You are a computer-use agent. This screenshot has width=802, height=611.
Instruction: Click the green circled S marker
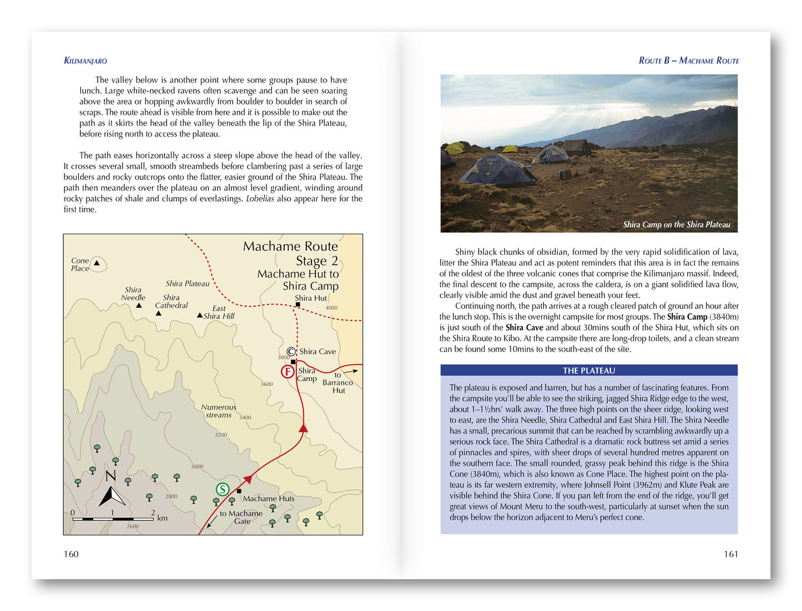point(222,489)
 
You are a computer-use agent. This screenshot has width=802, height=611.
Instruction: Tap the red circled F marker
point(287,371)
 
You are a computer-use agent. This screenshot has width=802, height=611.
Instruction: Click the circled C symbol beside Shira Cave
point(291,351)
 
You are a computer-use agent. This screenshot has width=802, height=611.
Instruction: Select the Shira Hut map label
point(311,298)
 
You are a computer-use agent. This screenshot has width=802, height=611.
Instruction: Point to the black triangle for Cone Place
point(97,263)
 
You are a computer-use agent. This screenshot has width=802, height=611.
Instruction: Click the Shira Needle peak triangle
point(139,305)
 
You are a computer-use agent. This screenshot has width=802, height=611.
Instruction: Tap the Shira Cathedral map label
point(171,301)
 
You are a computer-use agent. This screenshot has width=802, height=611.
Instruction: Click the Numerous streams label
point(219,411)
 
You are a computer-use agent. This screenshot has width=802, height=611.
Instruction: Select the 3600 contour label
point(266,384)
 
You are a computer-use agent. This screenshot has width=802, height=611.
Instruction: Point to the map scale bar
point(113,519)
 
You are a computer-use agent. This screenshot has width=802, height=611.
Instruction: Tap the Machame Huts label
point(269,498)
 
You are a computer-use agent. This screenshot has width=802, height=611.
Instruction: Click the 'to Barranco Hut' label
point(337,382)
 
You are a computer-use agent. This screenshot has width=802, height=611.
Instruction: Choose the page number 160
point(71,554)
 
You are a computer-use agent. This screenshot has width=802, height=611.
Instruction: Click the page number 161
point(731,554)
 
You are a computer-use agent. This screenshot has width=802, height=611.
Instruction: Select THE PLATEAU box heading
point(589,371)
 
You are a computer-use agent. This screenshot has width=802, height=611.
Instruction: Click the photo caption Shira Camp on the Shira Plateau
point(676,225)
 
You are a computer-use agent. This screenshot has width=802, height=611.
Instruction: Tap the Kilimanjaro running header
point(85,60)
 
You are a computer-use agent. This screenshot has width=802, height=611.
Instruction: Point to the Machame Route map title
point(290,246)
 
